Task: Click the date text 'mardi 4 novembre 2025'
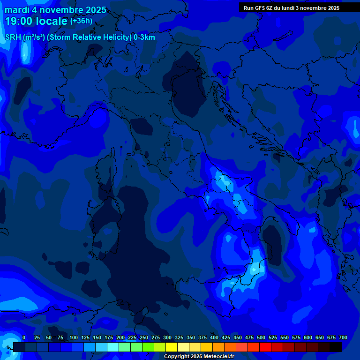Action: pyautogui.click(x=55, y=10)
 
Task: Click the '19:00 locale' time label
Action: pyautogui.click(x=37, y=21)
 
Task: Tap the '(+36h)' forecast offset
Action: pyautogui.click(x=81, y=21)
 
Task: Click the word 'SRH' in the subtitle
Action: pyautogui.click(x=13, y=37)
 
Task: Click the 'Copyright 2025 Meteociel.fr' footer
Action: pyautogui.click(x=199, y=356)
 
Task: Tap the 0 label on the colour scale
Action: pyautogui.click(x=24, y=337)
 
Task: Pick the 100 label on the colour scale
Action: pyautogui.click(x=74, y=337)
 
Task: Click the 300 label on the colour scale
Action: pyautogui.click(x=167, y=337)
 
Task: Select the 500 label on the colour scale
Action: pyautogui.click(x=261, y=337)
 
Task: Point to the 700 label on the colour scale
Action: pyautogui.click(x=343, y=337)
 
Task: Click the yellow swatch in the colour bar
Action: pyautogui.click(x=172, y=347)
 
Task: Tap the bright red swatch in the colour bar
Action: pyautogui.click(x=265, y=347)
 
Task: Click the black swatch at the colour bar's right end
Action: pyautogui.click(x=336, y=347)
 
